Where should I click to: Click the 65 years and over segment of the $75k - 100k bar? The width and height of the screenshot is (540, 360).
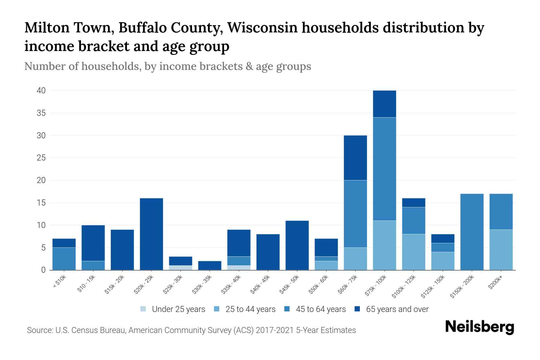[x=384, y=104]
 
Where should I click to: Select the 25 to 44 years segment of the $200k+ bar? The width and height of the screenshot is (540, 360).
[x=501, y=250]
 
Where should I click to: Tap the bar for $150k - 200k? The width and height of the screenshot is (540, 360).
[x=472, y=232]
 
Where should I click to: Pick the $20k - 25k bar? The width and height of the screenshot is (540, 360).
[x=151, y=234]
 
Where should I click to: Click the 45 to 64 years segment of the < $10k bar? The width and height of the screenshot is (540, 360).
[x=64, y=259]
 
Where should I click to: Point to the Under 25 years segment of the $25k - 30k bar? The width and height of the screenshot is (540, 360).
[x=180, y=268]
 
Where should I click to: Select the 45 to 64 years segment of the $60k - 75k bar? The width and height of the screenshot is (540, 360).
[x=355, y=214]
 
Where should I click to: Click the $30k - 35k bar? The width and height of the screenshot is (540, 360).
[x=210, y=265]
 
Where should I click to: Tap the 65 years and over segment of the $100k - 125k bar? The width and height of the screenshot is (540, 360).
[x=413, y=202]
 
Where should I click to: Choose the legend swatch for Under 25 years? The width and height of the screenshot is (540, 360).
[x=143, y=309]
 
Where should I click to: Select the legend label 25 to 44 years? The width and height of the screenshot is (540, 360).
[x=250, y=309]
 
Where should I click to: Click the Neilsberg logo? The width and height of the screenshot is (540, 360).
[x=479, y=327]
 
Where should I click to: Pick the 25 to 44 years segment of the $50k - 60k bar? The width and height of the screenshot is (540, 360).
[x=326, y=265]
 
